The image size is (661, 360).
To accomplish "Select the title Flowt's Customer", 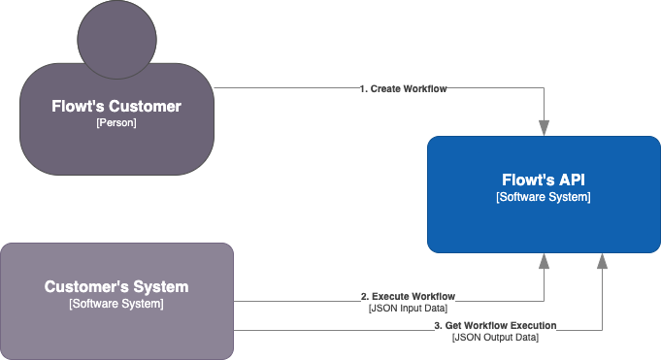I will [x=116, y=106].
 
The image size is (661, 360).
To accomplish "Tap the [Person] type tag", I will [x=116, y=123].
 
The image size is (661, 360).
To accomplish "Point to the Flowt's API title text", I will [x=544, y=180].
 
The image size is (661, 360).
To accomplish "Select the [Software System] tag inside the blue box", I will [x=544, y=197].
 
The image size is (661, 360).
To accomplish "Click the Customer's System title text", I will [x=116, y=287].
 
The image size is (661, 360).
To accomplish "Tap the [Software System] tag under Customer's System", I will [x=116, y=305].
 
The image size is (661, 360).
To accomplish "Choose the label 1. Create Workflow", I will [x=403, y=88].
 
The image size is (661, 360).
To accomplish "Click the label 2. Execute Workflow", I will [x=408, y=296].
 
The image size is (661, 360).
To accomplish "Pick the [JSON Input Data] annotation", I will [x=408, y=308].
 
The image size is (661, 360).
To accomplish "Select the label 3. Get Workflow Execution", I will [x=495, y=325].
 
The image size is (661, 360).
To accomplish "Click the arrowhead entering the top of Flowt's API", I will [x=545, y=128].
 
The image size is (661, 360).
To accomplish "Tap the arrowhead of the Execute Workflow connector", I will [x=545, y=260].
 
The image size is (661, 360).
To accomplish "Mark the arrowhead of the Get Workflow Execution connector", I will [x=603, y=260].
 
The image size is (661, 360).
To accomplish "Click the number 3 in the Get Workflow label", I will [x=437, y=325].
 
